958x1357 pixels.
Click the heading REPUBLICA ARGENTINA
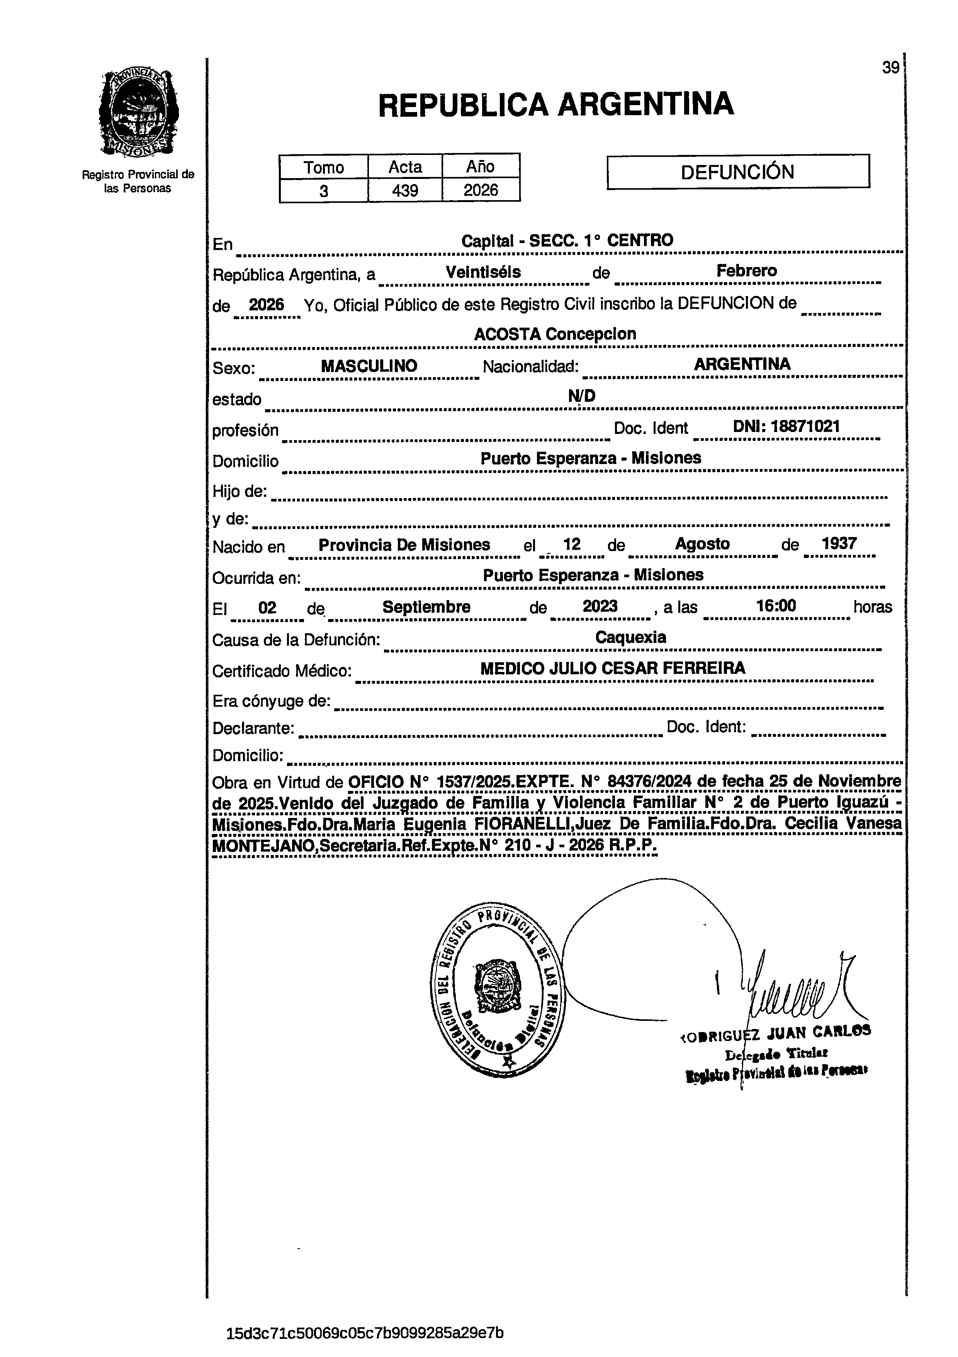(555, 105)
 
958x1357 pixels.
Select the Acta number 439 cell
(405, 190)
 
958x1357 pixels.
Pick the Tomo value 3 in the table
(323, 191)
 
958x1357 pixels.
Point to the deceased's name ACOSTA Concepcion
(555, 334)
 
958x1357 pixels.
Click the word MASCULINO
(369, 366)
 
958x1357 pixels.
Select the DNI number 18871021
(786, 427)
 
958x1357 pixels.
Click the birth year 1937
(839, 544)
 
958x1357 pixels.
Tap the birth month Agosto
(702, 544)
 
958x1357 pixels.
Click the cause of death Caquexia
(630, 637)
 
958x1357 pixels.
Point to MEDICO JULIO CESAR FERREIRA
(612, 668)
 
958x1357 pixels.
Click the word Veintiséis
(483, 272)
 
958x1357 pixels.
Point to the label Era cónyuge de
(271, 701)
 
